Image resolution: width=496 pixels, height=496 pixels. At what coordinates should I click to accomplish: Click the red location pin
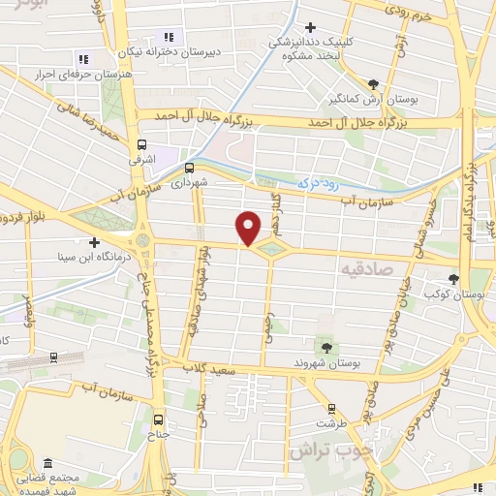pos(249,228)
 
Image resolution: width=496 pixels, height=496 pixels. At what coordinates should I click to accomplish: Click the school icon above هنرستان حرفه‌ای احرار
pos(82,58)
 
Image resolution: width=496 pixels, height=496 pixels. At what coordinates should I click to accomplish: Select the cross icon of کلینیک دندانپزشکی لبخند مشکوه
pos(310,28)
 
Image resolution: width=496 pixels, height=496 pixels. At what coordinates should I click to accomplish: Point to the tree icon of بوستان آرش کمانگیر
pos(375,83)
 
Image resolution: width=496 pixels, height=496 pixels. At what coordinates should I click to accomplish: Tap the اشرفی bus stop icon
pos(139,147)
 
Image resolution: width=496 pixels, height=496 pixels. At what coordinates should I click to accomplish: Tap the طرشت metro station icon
pos(331,409)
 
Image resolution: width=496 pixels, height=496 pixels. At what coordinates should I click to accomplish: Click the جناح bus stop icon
pos(161,420)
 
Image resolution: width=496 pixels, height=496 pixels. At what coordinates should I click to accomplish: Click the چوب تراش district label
pos(319,450)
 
